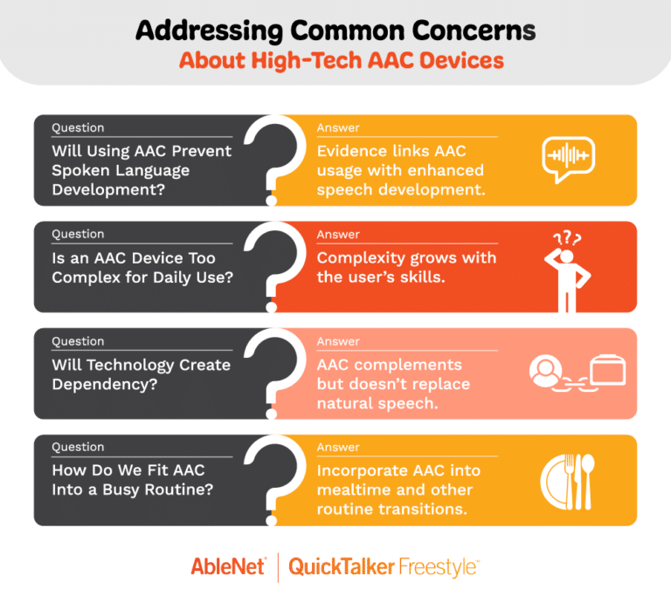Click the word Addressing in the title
(x=210, y=31)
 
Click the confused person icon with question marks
(x=567, y=271)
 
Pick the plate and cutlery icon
(x=567, y=482)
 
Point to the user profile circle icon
(x=545, y=371)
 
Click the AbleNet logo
(x=229, y=567)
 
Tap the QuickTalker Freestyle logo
(x=384, y=567)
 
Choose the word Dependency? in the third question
(x=105, y=385)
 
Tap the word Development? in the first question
(x=108, y=189)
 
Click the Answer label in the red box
(x=338, y=234)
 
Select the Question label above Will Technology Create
(x=78, y=341)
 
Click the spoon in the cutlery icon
(x=588, y=482)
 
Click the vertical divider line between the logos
(x=278, y=567)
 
